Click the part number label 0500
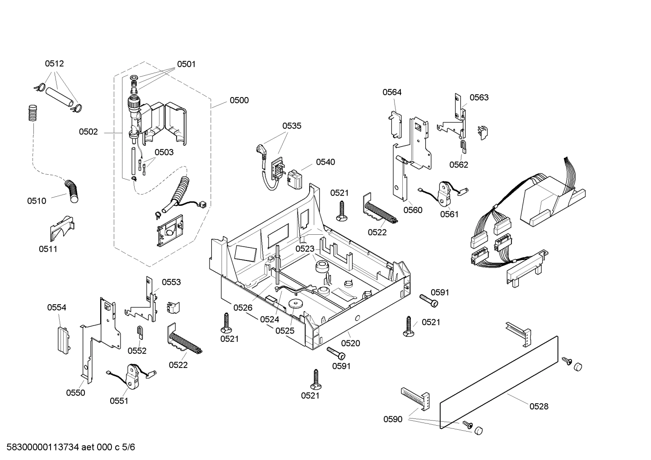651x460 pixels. pyautogui.click(x=239, y=100)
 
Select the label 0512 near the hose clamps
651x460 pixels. pyautogui.click(x=54, y=64)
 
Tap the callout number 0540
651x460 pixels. pyautogui.click(x=325, y=162)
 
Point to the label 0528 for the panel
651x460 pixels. pyautogui.click(x=539, y=406)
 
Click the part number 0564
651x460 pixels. pyautogui.click(x=392, y=92)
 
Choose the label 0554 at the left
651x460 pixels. pyautogui.click(x=56, y=307)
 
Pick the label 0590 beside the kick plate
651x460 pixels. pyautogui.click(x=393, y=419)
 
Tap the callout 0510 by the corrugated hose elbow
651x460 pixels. pyautogui.click(x=36, y=201)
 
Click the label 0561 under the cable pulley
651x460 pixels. pyautogui.click(x=449, y=214)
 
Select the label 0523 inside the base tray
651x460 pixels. pyautogui.click(x=305, y=249)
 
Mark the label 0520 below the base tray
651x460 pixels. pyautogui.click(x=350, y=343)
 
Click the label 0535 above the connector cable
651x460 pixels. pyautogui.click(x=292, y=126)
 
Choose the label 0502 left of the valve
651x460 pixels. pyautogui.click(x=88, y=132)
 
